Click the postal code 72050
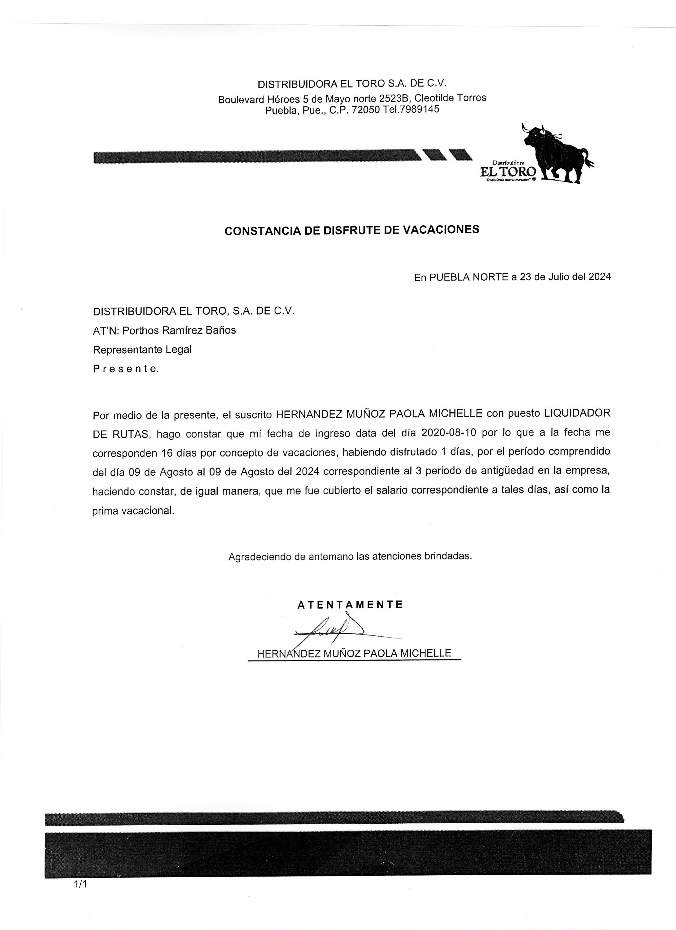pyautogui.click(x=366, y=110)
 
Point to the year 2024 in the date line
pyautogui.click(x=599, y=277)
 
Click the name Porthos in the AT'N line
pyautogui.click(x=140, y=330)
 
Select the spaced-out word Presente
pyautogui.click(x=125, y=369)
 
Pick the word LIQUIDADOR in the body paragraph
pyautogui.click(x=577, y=413)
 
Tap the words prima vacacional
pyautogui.click(x=133, y=511)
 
